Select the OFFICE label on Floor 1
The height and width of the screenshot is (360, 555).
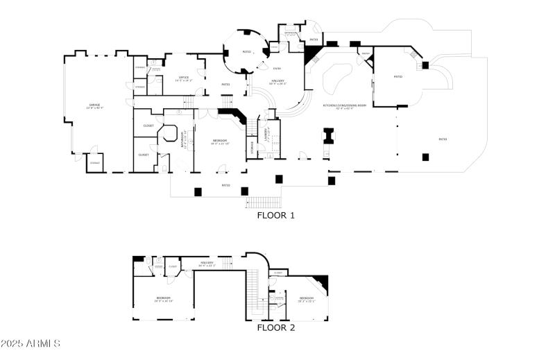184,78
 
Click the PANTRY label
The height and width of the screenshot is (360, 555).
365,53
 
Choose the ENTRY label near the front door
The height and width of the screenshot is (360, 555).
277,68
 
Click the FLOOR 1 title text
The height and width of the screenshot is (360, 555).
276,216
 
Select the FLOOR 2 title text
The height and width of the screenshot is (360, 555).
276,327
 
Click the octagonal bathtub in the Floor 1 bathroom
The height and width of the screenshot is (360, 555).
169,135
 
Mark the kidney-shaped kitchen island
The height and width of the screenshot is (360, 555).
336,75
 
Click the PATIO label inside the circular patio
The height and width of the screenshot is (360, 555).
246,52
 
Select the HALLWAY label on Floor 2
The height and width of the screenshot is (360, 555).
207,263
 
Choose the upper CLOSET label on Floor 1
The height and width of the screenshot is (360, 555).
148,126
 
